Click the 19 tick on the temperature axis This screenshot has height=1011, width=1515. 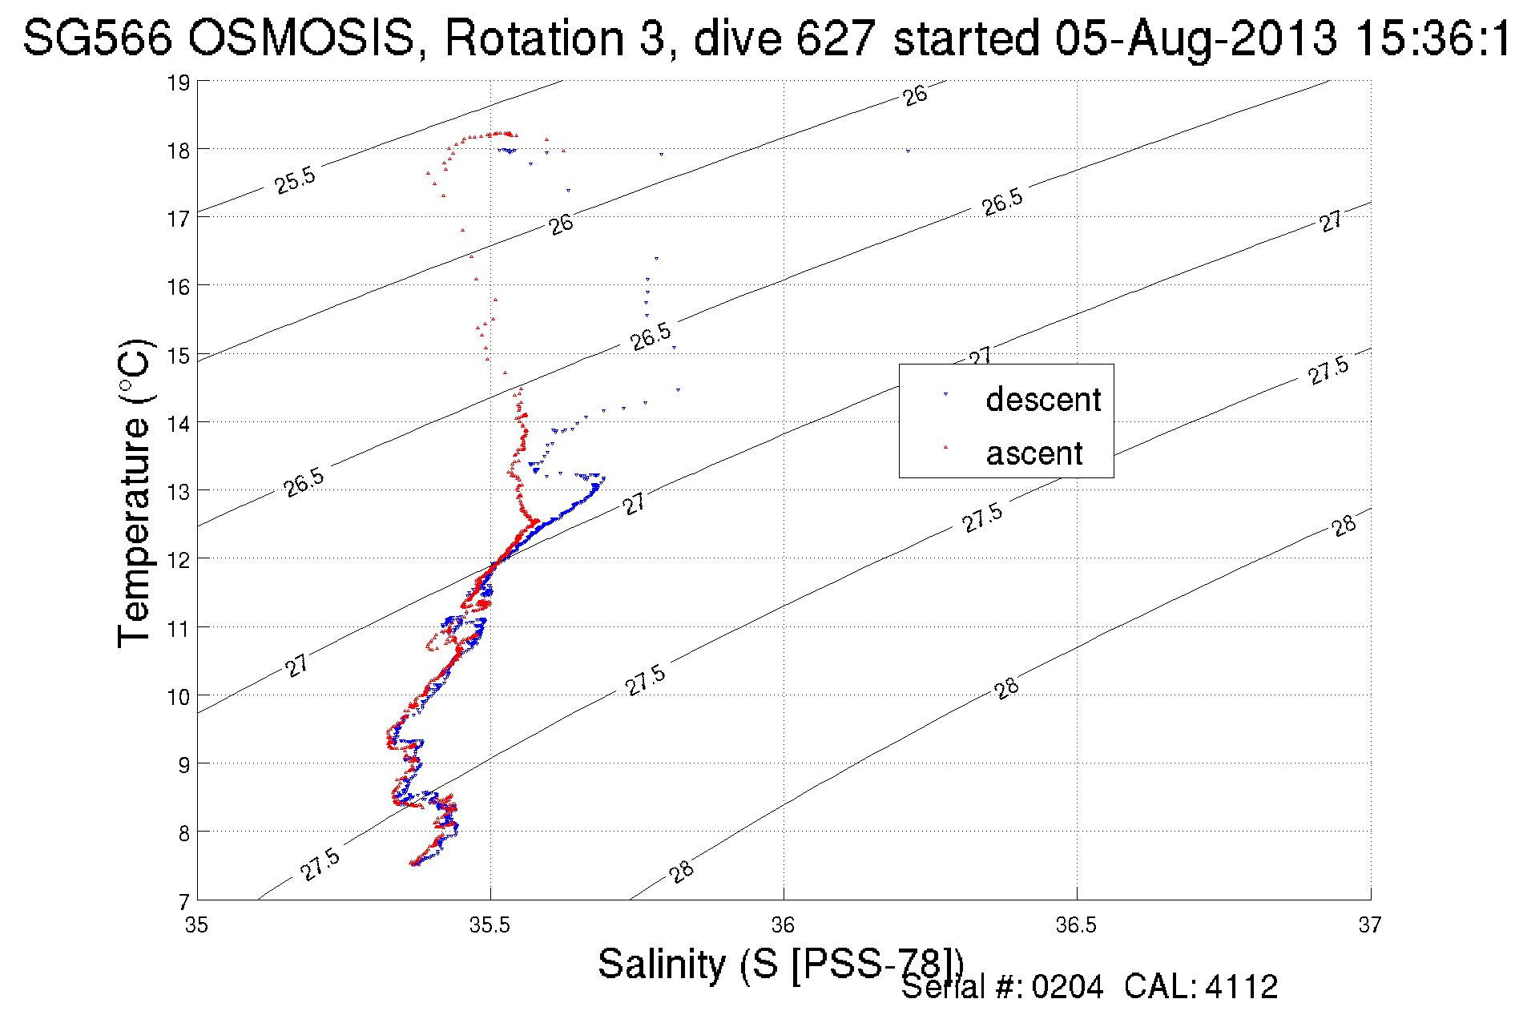[178, 83]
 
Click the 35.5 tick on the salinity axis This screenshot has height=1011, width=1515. [490, 925]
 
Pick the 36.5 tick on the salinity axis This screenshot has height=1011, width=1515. [1076, 925]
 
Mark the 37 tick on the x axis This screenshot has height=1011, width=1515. [1370, 925]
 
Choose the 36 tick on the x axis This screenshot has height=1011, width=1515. [783, 925]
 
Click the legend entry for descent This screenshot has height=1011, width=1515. [1042, 399]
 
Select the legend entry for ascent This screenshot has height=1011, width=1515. [1034, 453]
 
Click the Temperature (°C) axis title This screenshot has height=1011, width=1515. [134, 493]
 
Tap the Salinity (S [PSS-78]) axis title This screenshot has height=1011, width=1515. [780, 963]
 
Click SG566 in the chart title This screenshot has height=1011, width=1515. [97, 38]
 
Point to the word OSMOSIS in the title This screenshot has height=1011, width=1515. [303, 38]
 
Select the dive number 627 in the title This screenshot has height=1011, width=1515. [836, 38]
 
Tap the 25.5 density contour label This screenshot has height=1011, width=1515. [295, 181]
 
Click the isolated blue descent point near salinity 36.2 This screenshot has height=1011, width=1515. [908, 151]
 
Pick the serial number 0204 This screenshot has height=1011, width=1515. [1067, 987]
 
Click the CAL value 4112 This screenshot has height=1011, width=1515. [1241, 987]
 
